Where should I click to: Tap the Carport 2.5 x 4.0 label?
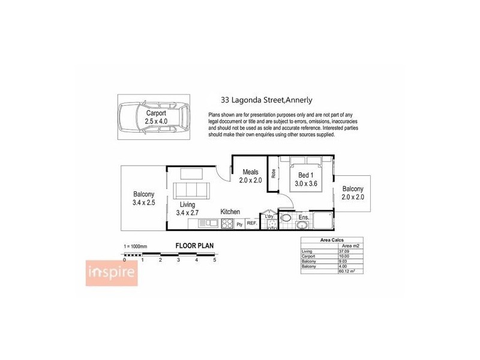(157, 116)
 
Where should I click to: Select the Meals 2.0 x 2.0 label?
(250, 176)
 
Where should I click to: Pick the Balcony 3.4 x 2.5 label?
(144, 198)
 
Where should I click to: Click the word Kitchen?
(230, 212)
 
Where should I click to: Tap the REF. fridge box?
(252, 224)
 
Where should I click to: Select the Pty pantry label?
(239, 224)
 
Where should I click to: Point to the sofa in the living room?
(190, 191)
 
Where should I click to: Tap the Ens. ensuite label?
(304, 217)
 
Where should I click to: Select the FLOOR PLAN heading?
(194, 245)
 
